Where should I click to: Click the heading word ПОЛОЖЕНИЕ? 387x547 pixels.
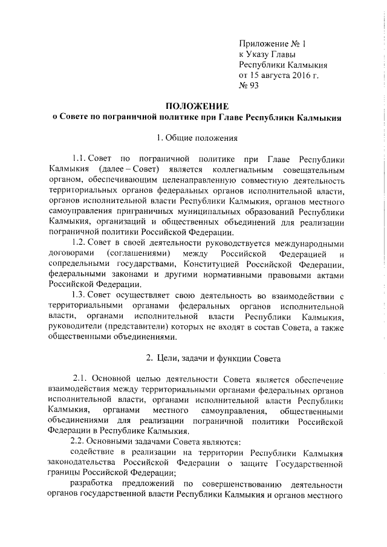click(193, 106)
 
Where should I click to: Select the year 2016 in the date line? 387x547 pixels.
click(294, 76)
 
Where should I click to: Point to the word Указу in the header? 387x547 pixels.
click(262, 54)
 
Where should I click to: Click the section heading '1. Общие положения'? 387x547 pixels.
click(193, 137)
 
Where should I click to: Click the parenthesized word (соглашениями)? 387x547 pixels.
click(137, 252)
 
